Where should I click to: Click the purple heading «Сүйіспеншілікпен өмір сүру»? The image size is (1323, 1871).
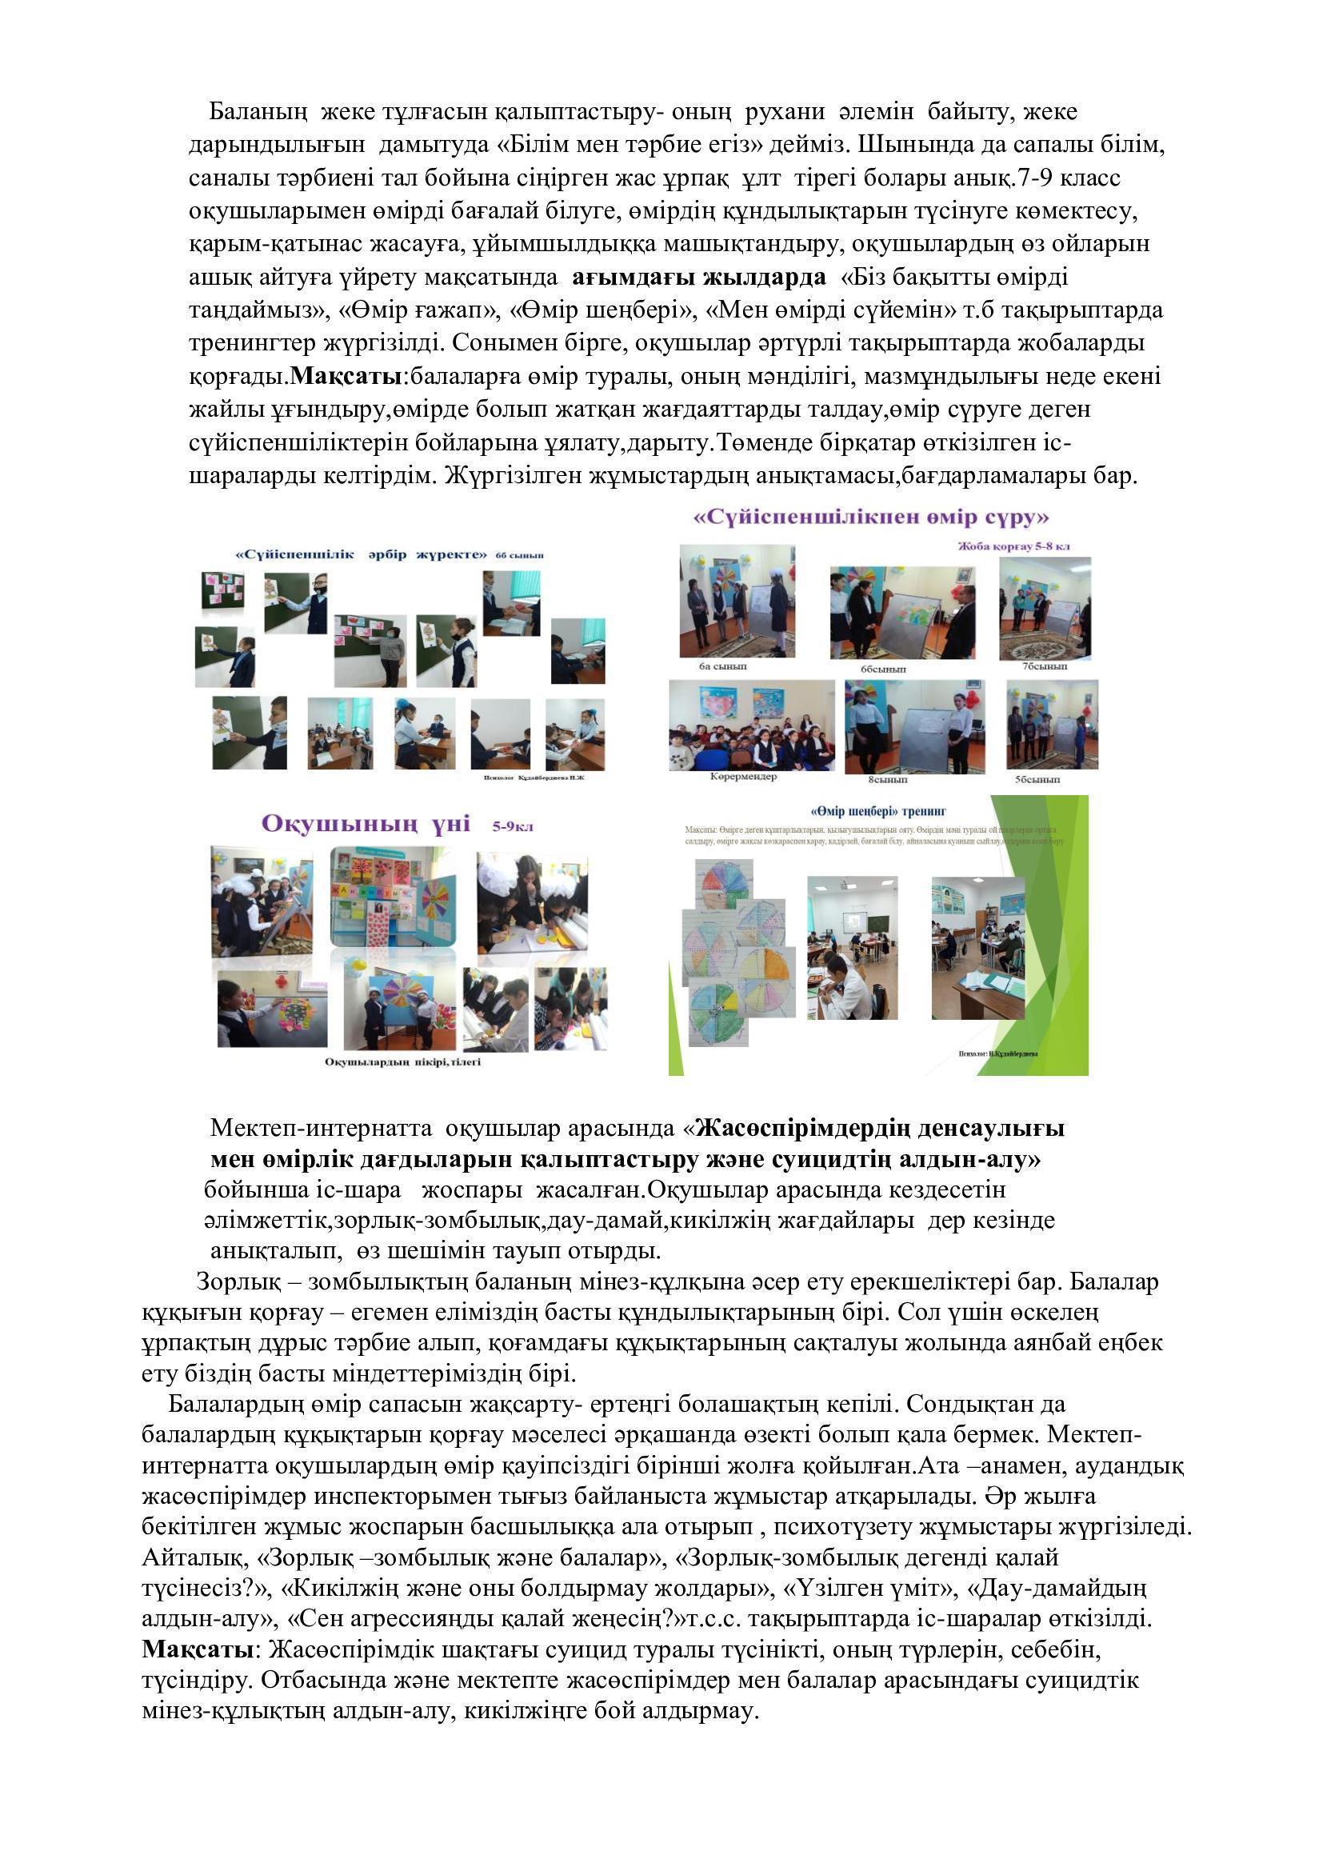[x=870, y=518]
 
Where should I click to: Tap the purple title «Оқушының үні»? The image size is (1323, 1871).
[x=366, y=824]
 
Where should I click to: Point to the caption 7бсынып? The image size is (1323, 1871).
[x=1045, y=666]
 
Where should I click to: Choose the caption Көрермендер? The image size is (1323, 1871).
[x=743, y=776]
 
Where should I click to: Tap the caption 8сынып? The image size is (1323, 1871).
[x=887, y=779]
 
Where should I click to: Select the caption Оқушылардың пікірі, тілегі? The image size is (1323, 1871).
[x=402, y=1061]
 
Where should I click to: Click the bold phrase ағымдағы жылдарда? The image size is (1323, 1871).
[x=699, y=278]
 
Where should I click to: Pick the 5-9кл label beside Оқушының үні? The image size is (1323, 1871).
[x=513, y=826]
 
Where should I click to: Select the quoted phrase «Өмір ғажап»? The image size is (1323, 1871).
[x=417, y=310]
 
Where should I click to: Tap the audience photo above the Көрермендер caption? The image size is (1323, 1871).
[x=751, y=726]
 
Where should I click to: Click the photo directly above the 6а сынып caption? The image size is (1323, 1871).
[x=737, y=602]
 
